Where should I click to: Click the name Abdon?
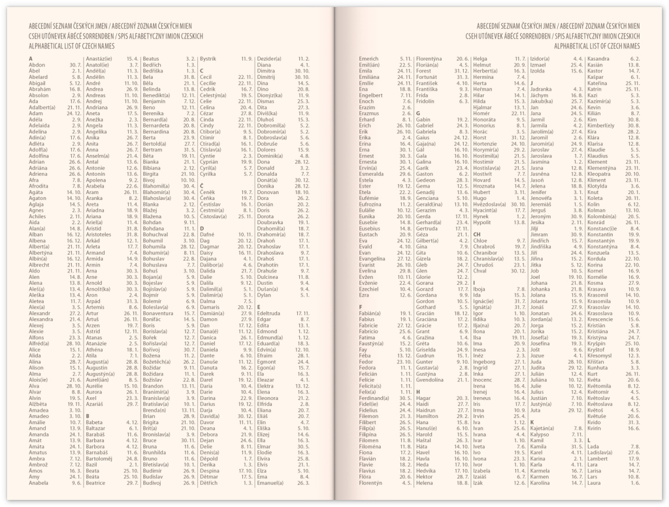37,65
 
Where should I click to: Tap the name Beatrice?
95,483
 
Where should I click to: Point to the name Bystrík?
209,59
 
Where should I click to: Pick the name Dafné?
207,234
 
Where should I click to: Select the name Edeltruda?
270,313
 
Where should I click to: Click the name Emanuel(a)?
274,483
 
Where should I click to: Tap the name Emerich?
369,59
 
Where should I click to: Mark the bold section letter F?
361,306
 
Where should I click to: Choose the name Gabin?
423,120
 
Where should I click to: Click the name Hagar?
423,397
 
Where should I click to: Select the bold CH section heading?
477,234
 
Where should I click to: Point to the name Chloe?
480,240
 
